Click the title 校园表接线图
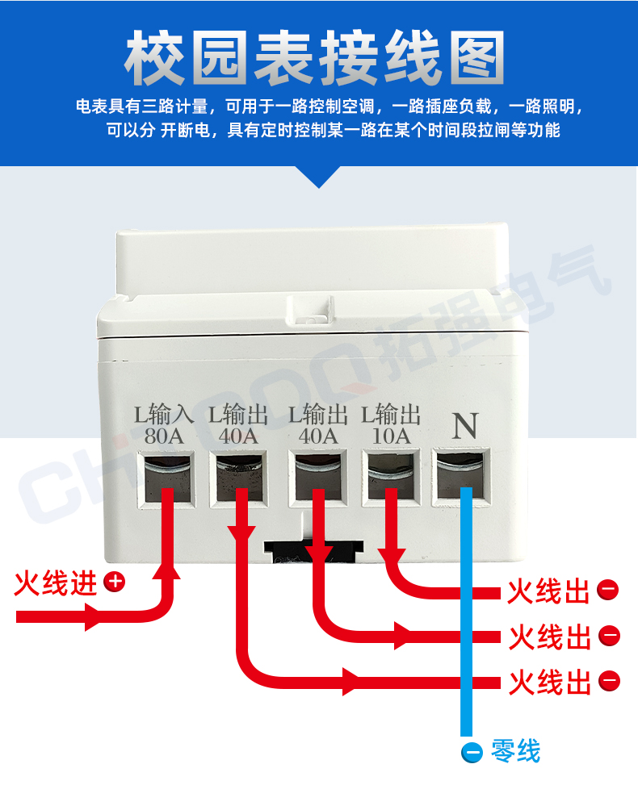314,57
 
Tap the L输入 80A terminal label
164,425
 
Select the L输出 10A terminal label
391,424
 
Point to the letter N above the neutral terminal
465,426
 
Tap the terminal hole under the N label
460,476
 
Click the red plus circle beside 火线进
114,582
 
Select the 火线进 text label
56,583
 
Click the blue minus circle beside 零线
472,752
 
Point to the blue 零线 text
516,751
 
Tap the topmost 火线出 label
548,591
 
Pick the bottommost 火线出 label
550,682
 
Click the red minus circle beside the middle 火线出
610,636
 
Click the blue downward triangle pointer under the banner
319,177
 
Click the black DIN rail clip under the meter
313,552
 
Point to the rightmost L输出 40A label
318,425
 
